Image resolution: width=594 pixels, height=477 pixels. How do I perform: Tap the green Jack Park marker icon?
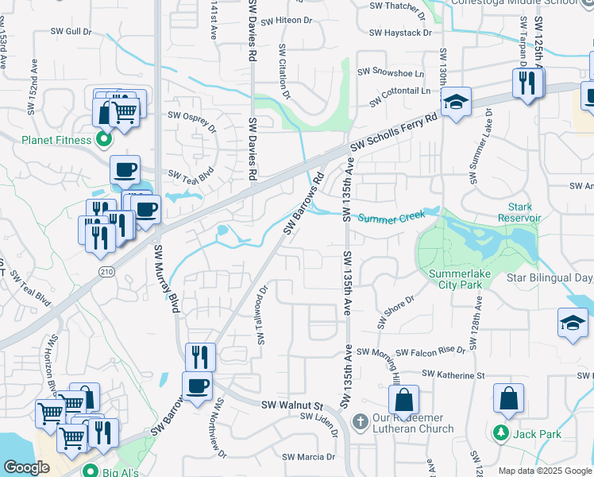pos(501,433)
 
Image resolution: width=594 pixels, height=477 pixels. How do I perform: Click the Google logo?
pos(26,467)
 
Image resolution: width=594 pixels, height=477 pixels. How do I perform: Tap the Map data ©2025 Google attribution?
pos(543,471)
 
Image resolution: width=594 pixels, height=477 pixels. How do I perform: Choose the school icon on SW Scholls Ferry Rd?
pos(456,103)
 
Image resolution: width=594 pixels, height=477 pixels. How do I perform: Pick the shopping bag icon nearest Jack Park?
pos(508,398)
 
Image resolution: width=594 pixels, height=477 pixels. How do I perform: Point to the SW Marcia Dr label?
pos(309,457)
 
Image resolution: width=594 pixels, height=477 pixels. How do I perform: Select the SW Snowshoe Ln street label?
pos(389,71)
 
